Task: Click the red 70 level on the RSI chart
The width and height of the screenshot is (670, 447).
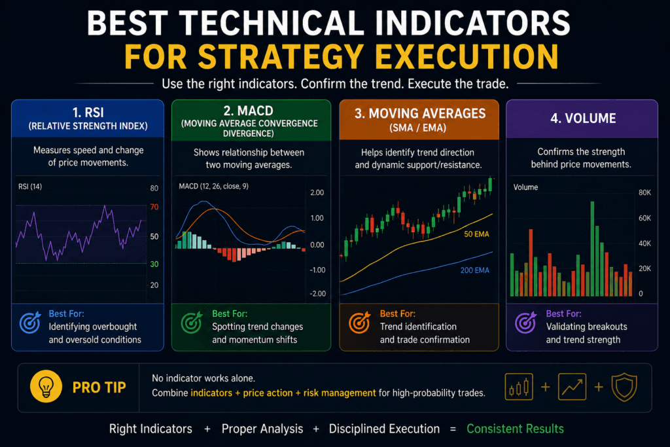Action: (x=154, y=207)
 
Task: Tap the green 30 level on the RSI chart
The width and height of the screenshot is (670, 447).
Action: (x=154, y=264)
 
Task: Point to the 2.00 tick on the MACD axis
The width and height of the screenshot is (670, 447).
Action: (x=316, y=192)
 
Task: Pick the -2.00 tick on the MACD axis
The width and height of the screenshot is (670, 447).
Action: (x=316, y=294)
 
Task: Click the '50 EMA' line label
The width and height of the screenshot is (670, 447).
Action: (x=476, y=234)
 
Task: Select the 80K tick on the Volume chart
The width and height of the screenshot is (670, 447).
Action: (x=644, y=192)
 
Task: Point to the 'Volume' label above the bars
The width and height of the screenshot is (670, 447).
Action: (x=525, y=187)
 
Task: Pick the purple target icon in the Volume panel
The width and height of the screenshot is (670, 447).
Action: (x=527, y=322)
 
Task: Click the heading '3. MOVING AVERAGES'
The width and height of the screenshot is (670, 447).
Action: (x=419, y=114)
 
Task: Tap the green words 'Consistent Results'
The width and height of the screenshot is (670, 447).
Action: (x=515, y=429)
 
